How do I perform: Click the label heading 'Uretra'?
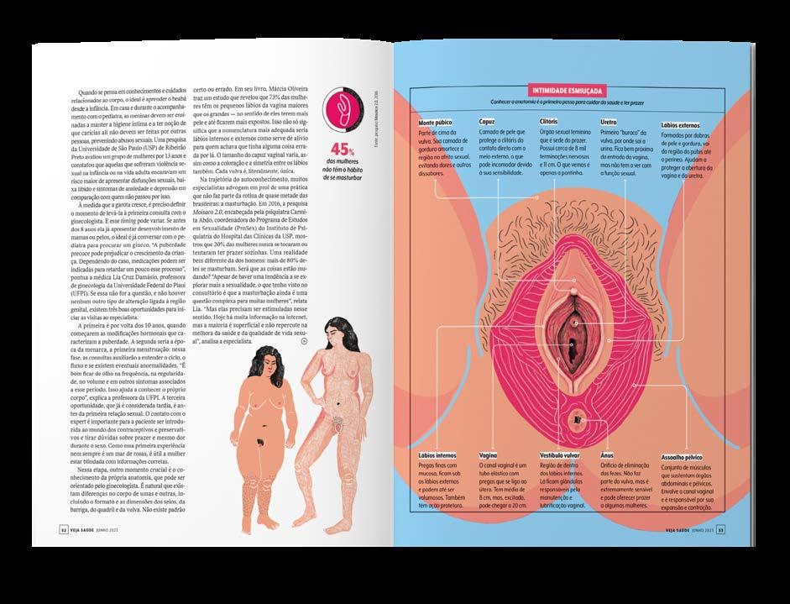click(x=608, y=122)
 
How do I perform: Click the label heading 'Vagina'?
click(x=488, y=454)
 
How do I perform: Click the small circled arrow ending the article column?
click(x=303, y=341)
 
